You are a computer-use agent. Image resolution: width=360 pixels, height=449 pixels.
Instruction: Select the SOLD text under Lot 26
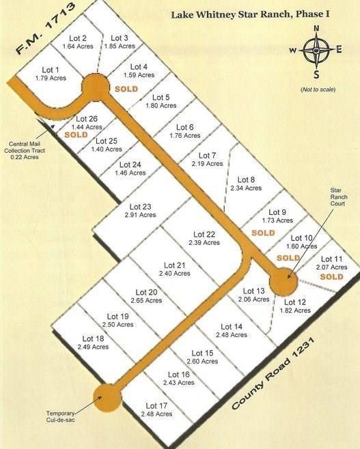77,135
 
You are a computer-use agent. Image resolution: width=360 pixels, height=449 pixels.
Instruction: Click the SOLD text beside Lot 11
331,277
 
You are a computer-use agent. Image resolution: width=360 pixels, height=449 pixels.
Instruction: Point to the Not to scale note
316,90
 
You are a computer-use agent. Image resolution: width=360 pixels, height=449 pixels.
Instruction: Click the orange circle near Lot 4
95,87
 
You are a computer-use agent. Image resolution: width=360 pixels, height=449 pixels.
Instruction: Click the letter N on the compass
316,28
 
